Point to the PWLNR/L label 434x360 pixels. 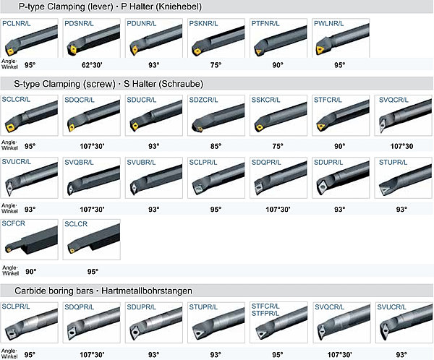tap(329, 24)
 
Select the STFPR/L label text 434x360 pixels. tap(265, 314)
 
